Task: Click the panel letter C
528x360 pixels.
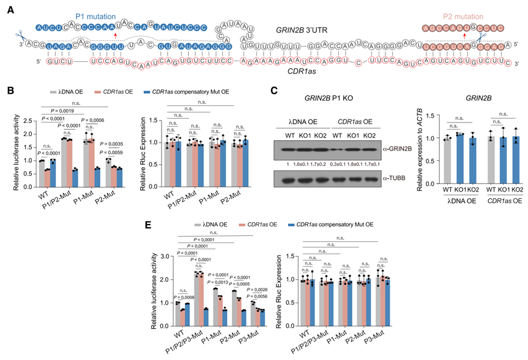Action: (x=275, y=91)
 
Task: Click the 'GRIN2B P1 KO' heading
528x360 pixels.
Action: (x=325, y=98)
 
